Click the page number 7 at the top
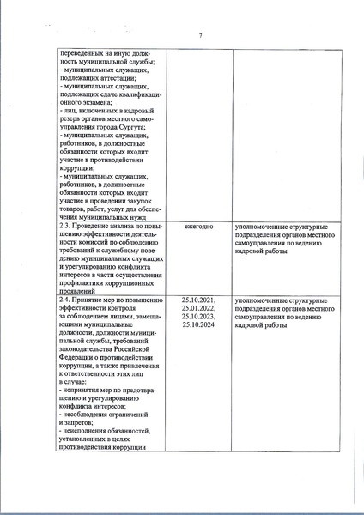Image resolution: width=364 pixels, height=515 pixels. pos(200,34)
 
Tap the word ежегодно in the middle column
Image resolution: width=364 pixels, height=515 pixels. pos(199,227)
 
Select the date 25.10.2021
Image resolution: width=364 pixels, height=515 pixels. pos(199,300)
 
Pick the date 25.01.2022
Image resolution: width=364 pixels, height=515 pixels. pos(199,309)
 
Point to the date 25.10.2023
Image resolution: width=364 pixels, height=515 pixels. pos(199,318)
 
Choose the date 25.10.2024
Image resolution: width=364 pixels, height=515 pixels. pos(199,327)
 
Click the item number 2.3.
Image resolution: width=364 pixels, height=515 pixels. pos(65,227)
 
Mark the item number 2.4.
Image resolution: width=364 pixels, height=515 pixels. pos(65,300)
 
